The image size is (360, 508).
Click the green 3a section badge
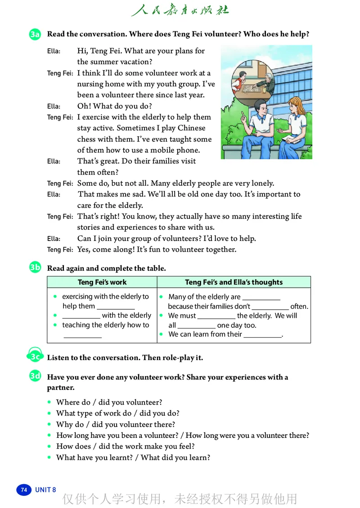(35, 34)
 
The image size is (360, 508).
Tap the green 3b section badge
(35, 268)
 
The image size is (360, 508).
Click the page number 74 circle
(24, 490)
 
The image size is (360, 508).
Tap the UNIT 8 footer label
(45, 490)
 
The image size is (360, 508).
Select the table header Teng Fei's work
(102, 282)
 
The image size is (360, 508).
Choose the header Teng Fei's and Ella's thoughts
(234, 282)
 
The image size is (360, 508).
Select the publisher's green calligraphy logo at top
(180, 10)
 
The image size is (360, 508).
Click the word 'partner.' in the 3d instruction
(61, 388)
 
